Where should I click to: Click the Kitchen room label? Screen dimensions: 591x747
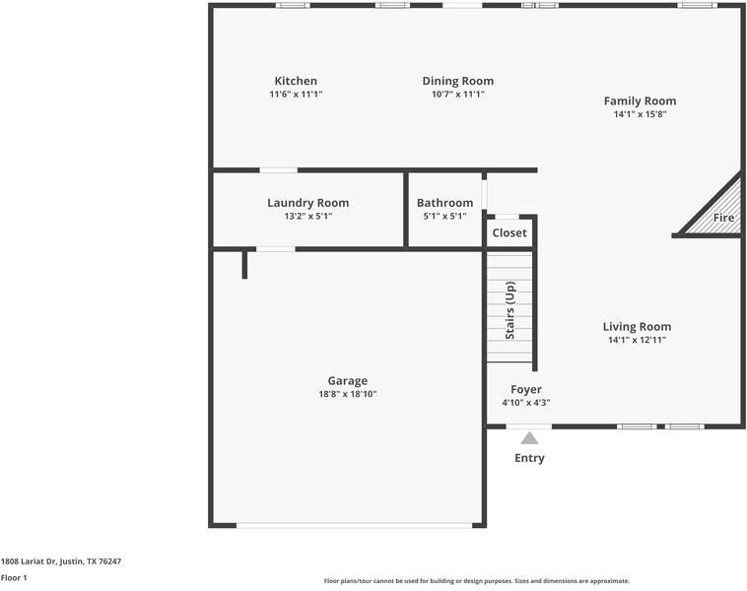point(296,81)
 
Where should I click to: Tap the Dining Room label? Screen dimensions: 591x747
point(457,81)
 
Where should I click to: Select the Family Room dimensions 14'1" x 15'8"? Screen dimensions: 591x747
point(640,114)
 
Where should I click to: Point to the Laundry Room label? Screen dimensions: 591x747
point(307,203)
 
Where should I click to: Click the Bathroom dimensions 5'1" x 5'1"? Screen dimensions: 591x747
point(444,216)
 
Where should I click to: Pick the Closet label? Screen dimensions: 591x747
point(509,233)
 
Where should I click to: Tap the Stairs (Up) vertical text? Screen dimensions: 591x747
point(509,310)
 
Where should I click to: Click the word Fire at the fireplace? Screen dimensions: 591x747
point(723,218)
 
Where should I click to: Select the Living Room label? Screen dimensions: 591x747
point(637,327)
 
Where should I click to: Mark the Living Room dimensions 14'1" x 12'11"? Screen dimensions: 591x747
point(637,341)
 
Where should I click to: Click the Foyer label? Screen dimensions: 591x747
point(525,390)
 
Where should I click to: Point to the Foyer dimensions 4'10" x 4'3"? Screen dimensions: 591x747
point(525,403)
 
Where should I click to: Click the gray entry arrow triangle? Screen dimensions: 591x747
point(529,438)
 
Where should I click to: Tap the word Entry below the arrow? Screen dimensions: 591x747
point(529,458)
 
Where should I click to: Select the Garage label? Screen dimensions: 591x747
point(347,381)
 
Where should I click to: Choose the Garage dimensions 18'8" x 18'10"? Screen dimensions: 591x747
point(347,394)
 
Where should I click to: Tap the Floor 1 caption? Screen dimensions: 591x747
point(14,578)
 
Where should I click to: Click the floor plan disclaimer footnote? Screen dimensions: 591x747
point(476,581)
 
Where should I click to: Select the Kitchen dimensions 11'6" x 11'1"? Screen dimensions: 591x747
point(296,95)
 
